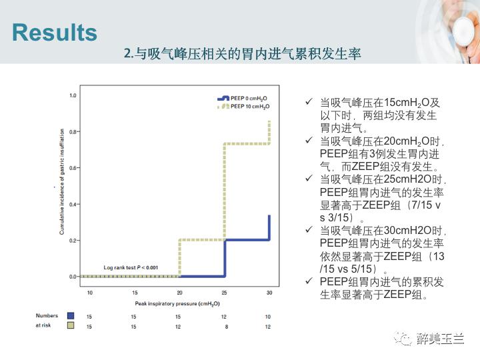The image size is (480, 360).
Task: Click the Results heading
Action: click(55, 33)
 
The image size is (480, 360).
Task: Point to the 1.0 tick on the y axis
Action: click(73, 96)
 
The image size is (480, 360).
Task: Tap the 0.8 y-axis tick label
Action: click(73, 132)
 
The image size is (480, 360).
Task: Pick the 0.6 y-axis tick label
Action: click(73, 168)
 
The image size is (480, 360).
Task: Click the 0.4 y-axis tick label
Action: click(73, 204)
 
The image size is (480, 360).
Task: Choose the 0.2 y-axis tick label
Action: click(73, 240)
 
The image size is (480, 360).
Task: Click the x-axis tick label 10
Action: click(89, 293)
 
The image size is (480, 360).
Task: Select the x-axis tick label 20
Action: click(179, 293)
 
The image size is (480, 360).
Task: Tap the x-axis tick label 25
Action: click(225, 293)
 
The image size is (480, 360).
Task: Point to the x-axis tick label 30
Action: click(269, 293)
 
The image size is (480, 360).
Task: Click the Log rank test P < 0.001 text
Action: click(131, 267)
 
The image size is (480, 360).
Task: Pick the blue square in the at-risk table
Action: click(70, 316)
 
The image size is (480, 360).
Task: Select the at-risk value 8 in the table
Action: click(225, 325)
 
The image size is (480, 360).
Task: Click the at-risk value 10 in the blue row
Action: click(269, 316)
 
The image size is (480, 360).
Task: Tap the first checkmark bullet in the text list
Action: click(308, 102)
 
